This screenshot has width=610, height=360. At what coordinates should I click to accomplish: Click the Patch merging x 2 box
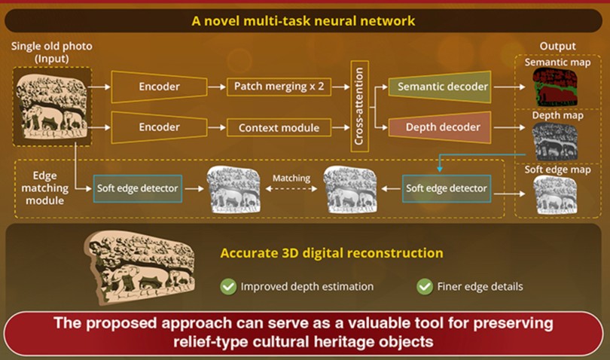[x=279, y=87]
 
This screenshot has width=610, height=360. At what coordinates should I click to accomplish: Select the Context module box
[x=279, y=127]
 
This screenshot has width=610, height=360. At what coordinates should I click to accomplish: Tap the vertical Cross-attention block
[x=359, y=106]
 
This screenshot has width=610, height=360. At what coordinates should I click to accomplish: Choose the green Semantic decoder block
[x=440, y=87]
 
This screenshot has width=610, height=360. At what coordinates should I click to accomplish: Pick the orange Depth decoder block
[x=440, y=127]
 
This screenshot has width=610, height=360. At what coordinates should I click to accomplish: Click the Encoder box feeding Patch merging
[x=159, y=87]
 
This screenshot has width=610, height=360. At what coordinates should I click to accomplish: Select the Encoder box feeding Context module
[x=159, y=127]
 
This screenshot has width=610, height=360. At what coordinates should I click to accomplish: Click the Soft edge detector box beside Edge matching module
[x=137, y=188]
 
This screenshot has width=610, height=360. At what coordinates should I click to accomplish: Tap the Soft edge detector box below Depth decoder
[x=447, y=188]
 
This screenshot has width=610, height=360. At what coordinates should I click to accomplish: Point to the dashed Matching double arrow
[x=291, y=189]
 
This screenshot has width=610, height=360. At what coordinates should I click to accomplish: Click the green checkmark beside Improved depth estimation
[x=228, y=287]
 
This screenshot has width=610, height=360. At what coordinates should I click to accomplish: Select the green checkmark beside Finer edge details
[x=425, y=287]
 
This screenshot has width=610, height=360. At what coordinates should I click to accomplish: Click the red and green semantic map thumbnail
[x=555, y=87]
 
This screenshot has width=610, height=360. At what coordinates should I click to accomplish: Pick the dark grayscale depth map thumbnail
[x=555, y=142]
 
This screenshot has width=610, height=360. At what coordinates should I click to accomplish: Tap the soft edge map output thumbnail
[x=555, y=195]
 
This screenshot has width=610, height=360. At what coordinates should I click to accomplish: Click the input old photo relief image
[x=52, y=107]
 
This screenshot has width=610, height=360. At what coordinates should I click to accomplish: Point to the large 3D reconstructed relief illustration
[x=140, y=268]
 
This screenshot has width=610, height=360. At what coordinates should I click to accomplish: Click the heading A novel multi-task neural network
[x=303, y=20]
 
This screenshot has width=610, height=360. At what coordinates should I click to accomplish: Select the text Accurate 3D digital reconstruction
[x=331, y=253]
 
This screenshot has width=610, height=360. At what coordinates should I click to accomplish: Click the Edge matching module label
[x=44, y=188]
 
